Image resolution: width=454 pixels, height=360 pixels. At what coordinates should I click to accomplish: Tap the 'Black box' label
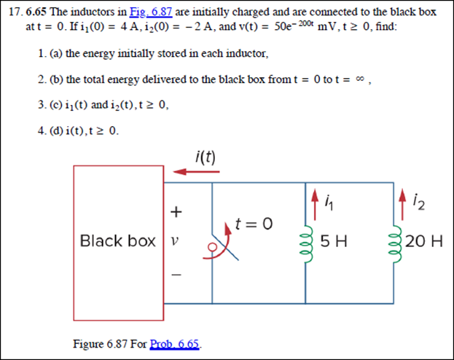pyautogui.click(x=117, y=241)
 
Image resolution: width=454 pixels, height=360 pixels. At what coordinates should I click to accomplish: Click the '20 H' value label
pyautogui.click(x=426, y=241)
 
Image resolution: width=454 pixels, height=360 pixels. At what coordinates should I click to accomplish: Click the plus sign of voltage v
pyautogui.click(x=173, y=212)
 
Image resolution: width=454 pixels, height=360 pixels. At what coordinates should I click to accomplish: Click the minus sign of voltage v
pyautogui.click(x=173, y=275)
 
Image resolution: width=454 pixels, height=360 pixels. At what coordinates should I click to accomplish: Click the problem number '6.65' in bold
pyautogui.click(x=36, y=14)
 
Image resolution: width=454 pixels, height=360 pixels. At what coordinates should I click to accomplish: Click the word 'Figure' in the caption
pyautogui.click(x=90, y=343)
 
